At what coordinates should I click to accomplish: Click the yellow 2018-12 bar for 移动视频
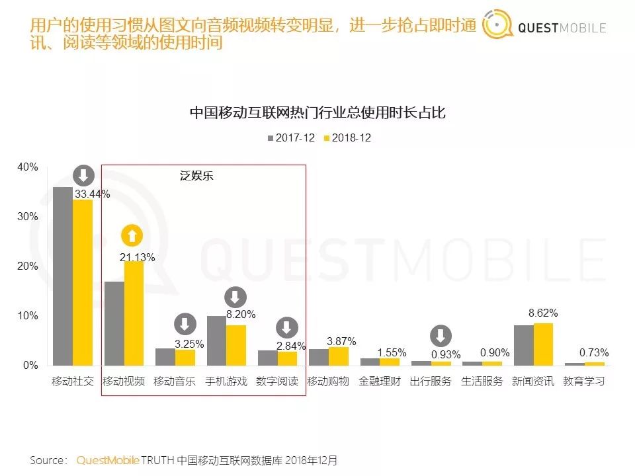coord(134,313)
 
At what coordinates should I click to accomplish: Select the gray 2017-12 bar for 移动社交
coord(63,276)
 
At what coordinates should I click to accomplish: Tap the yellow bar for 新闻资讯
coord(542,344)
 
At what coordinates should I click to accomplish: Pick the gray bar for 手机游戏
coord(216,340)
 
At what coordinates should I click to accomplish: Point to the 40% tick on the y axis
coord(28,167)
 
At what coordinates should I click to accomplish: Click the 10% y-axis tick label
coord(28,316)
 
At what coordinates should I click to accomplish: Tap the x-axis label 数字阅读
coord(277,381)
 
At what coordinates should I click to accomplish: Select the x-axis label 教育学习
coord(584,381)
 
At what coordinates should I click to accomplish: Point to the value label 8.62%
coord(543,313)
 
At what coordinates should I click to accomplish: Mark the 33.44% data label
coord(92,194)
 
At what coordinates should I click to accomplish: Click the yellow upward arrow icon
coord(132,235)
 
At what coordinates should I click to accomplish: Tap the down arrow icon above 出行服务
coord(441,335)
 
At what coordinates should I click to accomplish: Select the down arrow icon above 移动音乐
coord(185,325)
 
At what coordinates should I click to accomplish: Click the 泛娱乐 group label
coord(197,177)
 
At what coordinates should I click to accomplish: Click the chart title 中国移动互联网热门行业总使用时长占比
coord(317,113)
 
